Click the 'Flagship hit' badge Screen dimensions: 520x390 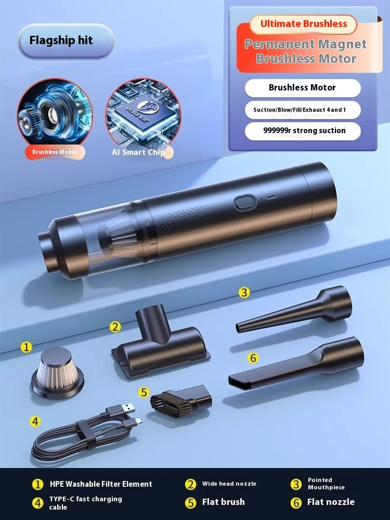pyautogui.click(x=65, y=41)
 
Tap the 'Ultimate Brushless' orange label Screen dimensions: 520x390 pyautogui.click(x=303, y=24)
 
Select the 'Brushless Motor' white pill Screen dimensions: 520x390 pyautogui.click(x=302, y=88)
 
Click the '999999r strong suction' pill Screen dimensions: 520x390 pyautogui.click(x=302, y=131)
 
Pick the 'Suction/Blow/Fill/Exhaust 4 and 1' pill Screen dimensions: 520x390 pyautogui.click(x=302, y=110)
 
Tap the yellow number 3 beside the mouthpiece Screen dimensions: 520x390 pyautogui.click(x=244, y=292)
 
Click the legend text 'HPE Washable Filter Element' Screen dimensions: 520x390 pyautogui.click(x=101, y=484)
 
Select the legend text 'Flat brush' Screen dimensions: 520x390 pyautogui.click(x=223, y=502)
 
